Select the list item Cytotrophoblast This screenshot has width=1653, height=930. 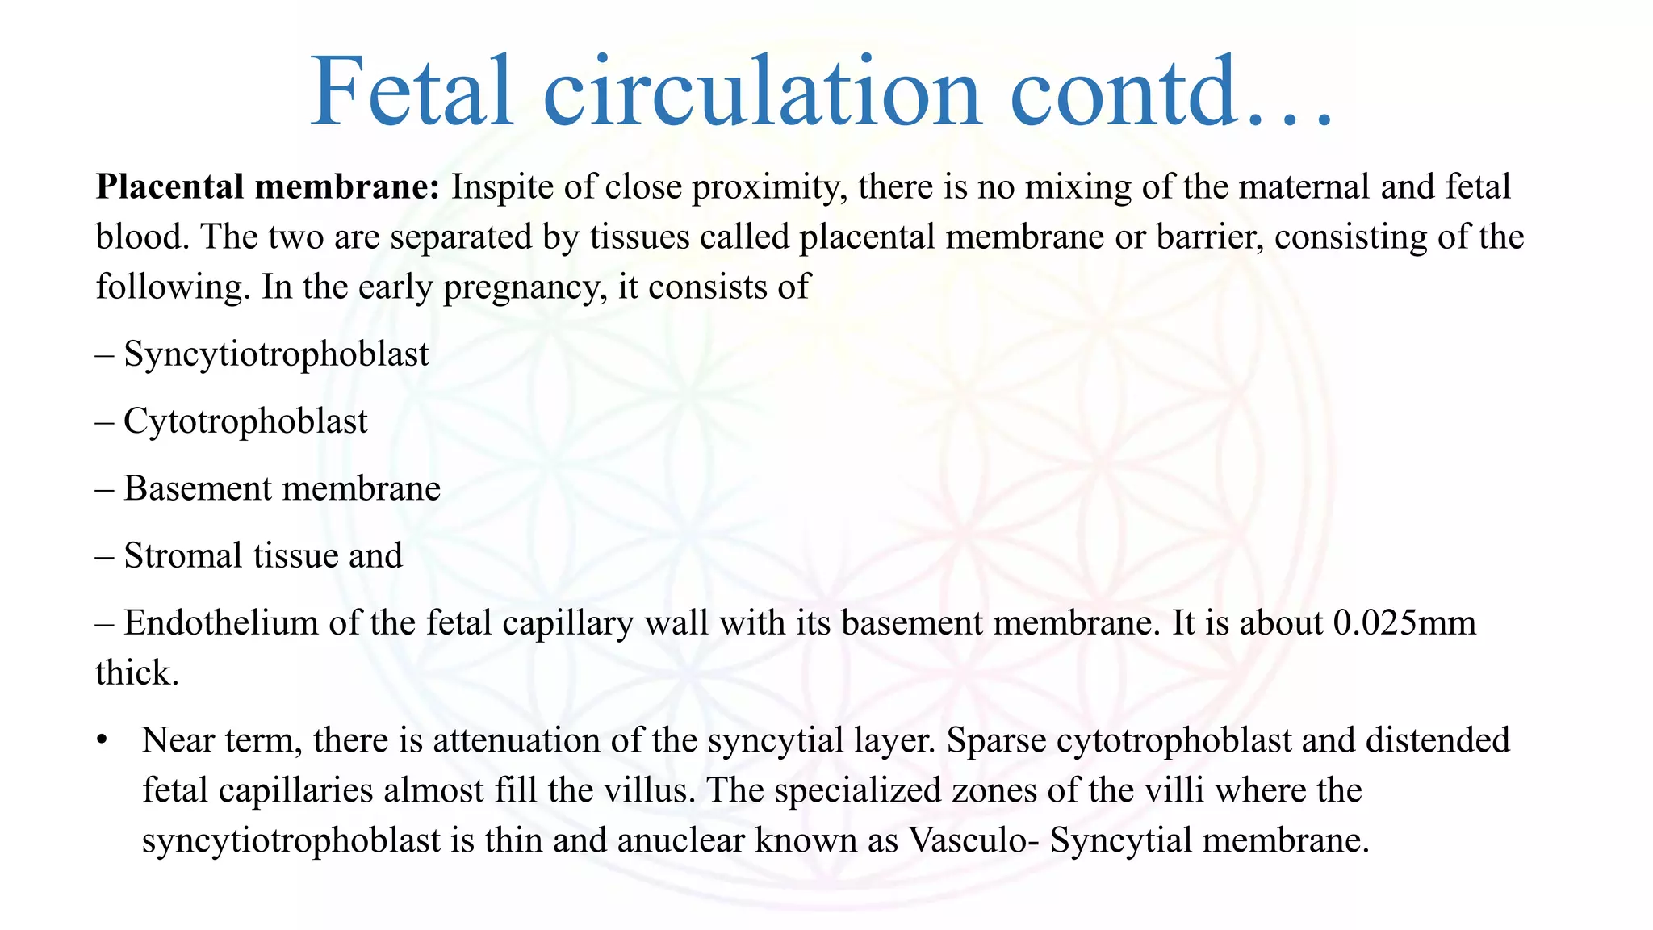point(245,421)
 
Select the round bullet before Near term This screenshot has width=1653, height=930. point(101,741)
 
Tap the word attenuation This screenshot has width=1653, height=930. point(516,740)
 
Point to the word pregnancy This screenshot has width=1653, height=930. point(524,288)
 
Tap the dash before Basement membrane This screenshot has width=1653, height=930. point(104,488)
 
